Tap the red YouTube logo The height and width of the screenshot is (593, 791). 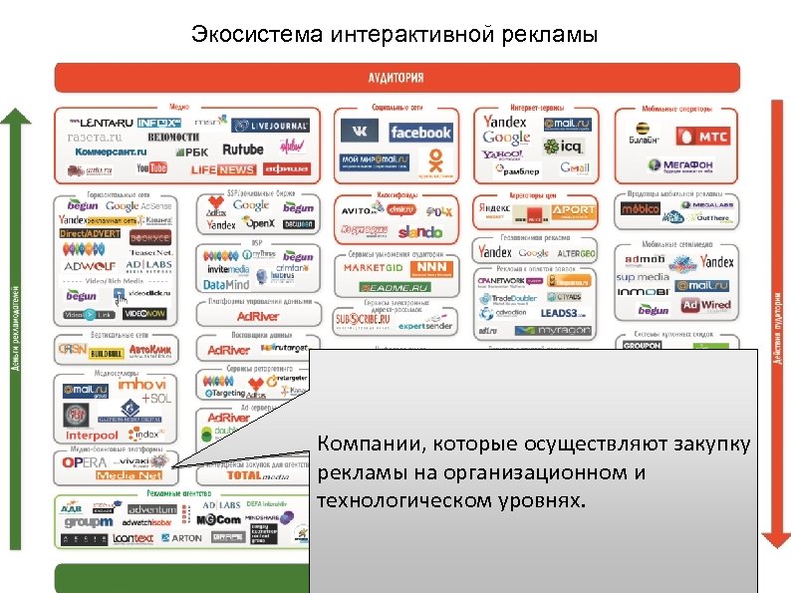click(152, 168)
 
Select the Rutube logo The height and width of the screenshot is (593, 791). click(242, 149)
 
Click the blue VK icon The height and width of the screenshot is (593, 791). click(358, 132)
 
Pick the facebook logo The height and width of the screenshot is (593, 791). click(420, 132)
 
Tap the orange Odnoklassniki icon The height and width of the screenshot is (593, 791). click(434, 158)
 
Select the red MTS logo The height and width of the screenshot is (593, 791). click(702, 136)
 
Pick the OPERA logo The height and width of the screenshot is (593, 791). click(84, 462)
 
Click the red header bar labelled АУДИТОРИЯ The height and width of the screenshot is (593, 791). click(395, 77)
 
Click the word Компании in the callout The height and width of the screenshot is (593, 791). click(361, 443)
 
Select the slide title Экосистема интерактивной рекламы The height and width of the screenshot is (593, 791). click(395, 37)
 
